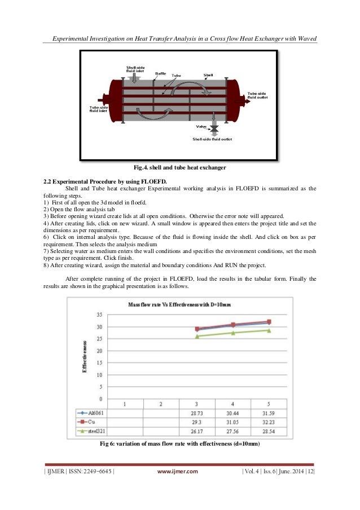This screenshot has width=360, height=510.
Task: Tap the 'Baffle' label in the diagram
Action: click(x=160, y=73)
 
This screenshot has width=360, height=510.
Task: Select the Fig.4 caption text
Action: click(x=179, y=168)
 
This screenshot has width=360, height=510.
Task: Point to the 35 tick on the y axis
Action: click(x=99, y=315)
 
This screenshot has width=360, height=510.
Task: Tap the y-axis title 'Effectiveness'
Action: click(x=85, y=356)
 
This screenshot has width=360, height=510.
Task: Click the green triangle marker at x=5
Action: click(x=269, y=330)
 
